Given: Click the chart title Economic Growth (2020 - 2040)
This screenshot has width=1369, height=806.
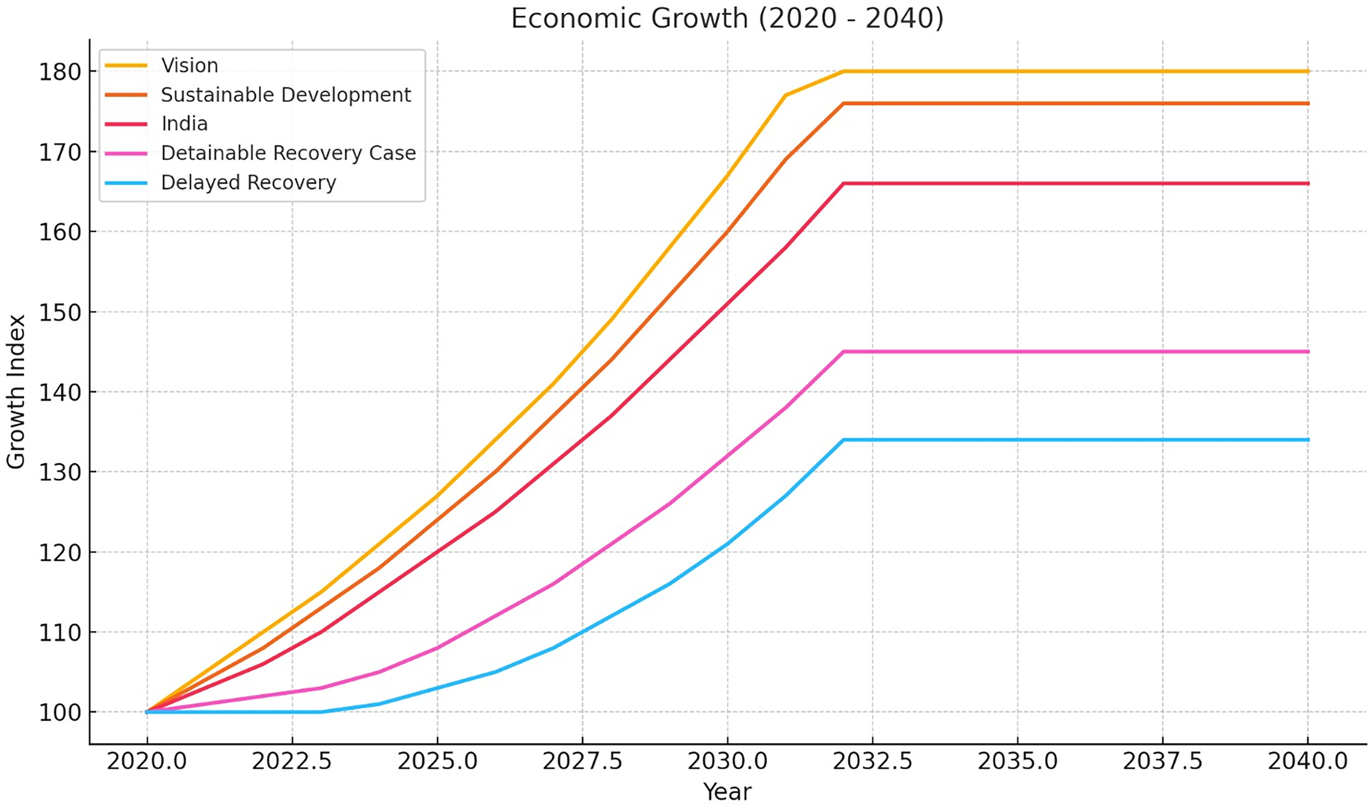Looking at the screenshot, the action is tap(727, 19).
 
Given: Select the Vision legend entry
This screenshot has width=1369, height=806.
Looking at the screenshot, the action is tap(189, 66).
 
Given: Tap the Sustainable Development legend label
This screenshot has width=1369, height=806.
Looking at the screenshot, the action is tap(286, 95).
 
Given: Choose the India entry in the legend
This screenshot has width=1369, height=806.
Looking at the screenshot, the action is tap(185, 124).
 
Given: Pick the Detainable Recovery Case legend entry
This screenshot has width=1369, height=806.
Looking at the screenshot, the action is tap(288, 153).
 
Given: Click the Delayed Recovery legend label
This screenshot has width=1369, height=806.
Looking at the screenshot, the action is tap(249, 182).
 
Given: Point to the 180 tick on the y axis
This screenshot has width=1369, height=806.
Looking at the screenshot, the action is tap(60, 72).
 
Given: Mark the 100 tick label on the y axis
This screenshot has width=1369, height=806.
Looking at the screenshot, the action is tap(60, 712).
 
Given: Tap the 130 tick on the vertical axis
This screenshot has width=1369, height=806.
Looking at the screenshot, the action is tap(60, 472).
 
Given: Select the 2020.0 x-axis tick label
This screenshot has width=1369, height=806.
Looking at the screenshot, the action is tap(146, 761).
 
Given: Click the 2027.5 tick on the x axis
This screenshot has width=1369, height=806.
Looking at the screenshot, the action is tap(582, 761).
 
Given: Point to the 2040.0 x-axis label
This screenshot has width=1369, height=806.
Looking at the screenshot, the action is tap(1307, 761).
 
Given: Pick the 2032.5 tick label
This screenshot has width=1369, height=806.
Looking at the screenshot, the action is tap(873, 761).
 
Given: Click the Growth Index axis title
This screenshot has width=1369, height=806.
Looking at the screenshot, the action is tap(16, 391).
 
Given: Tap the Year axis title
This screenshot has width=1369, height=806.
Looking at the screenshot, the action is tap(727, 792).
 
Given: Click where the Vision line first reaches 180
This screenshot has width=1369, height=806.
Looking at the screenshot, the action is tap(843, 71).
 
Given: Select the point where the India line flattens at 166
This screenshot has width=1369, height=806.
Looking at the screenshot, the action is tap(843, 183).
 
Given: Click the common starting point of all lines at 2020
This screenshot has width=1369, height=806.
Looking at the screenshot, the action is tap(146, 712).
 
